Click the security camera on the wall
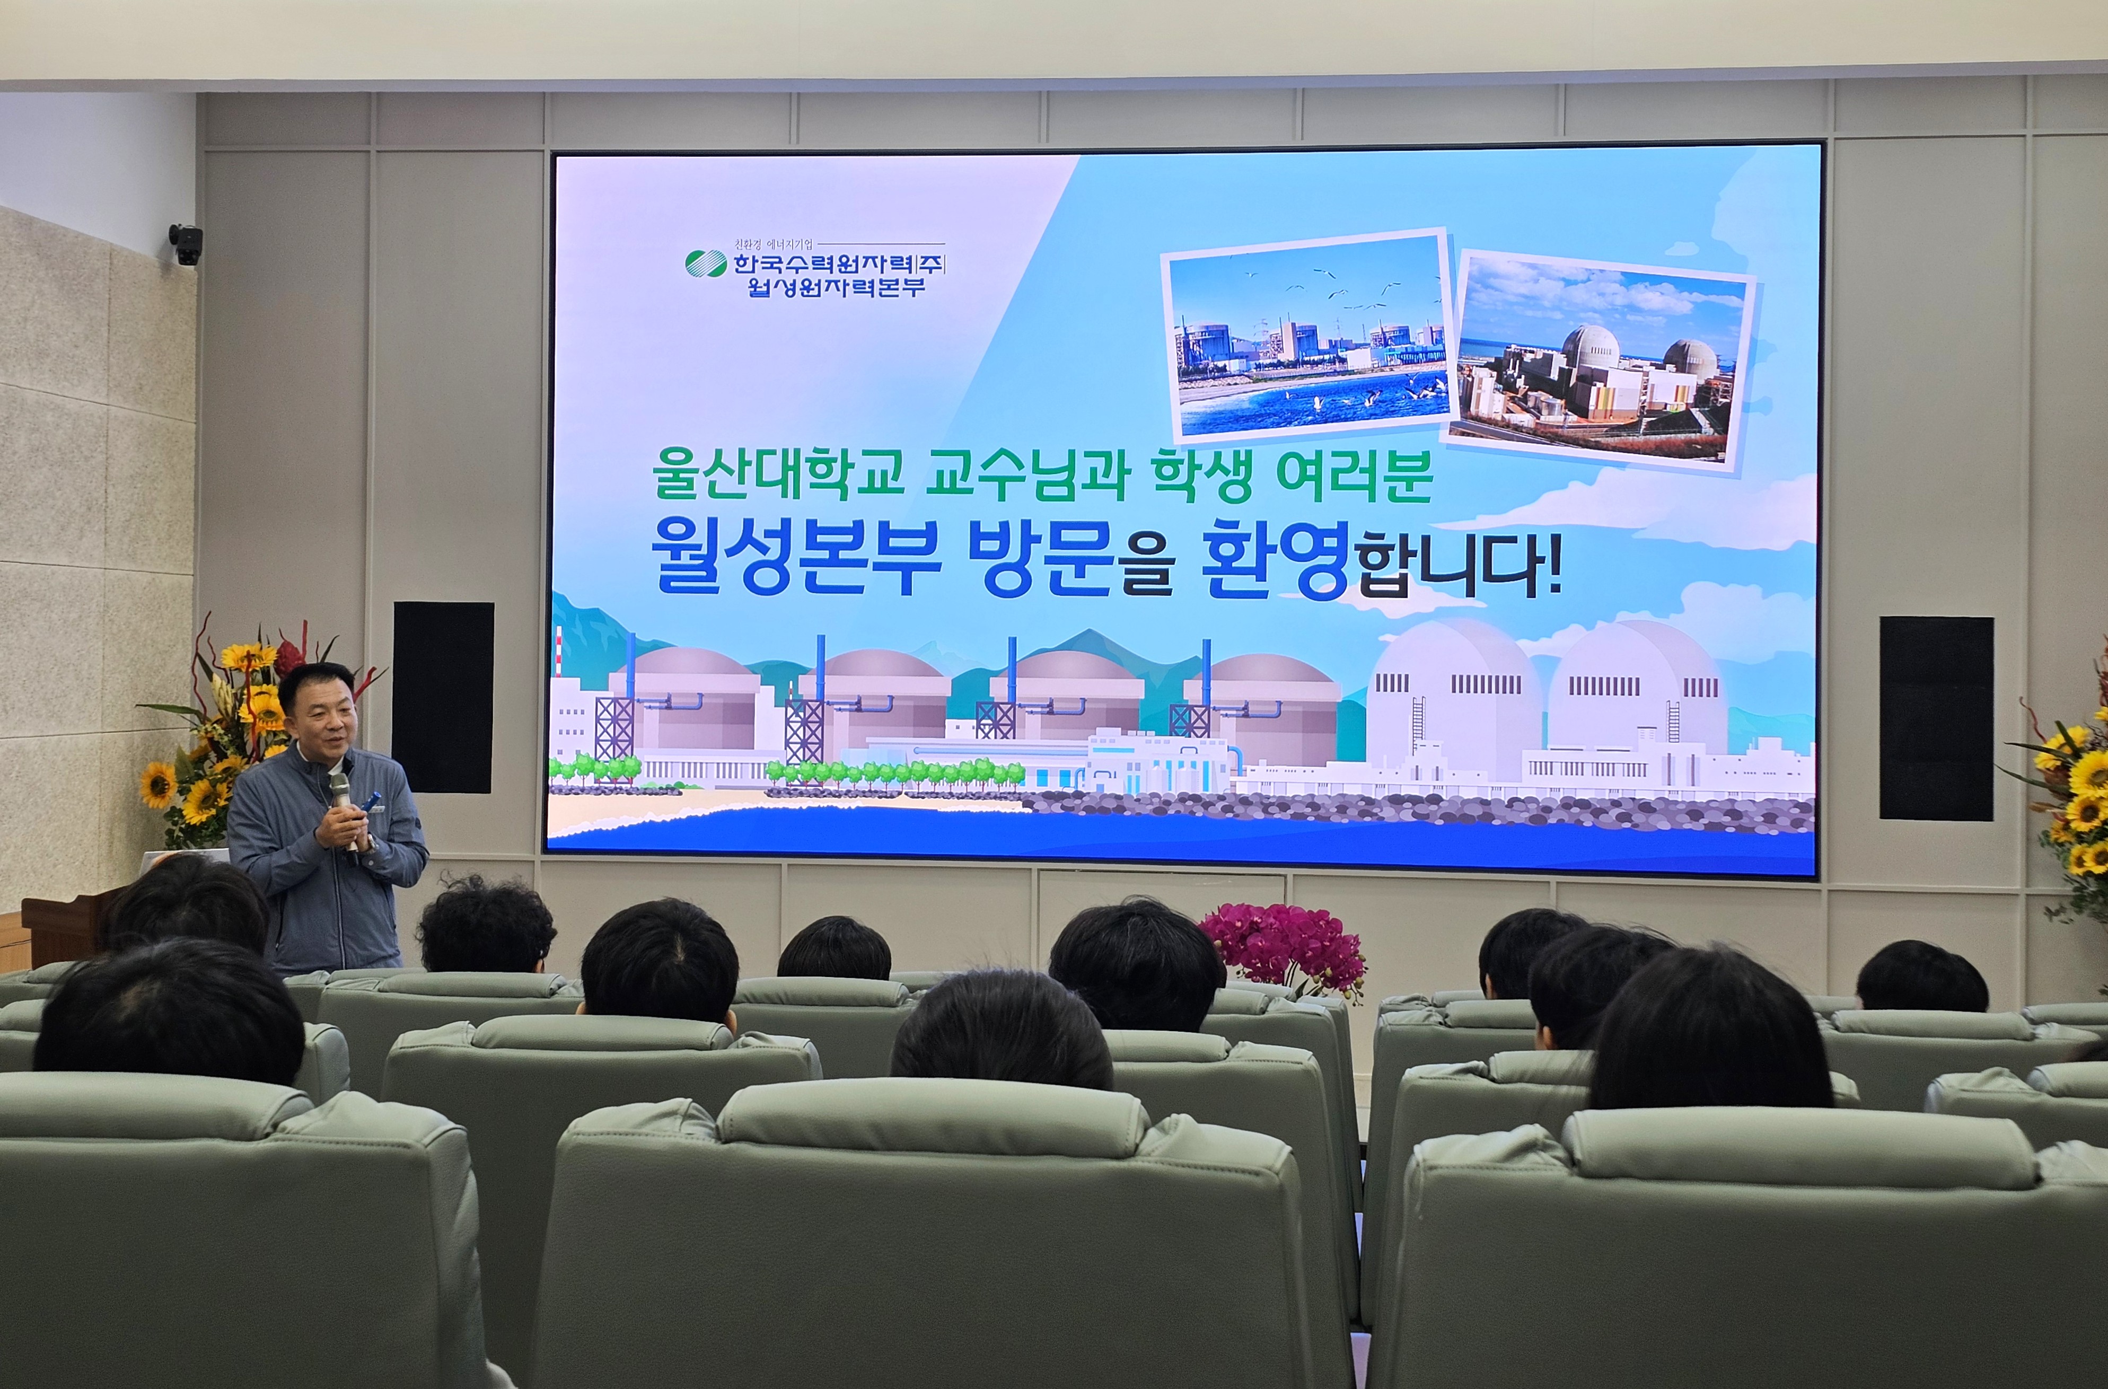(186, 244)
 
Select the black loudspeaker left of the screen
(443, 697)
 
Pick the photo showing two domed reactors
(1602, 362)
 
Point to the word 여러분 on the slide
(1354, 475)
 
